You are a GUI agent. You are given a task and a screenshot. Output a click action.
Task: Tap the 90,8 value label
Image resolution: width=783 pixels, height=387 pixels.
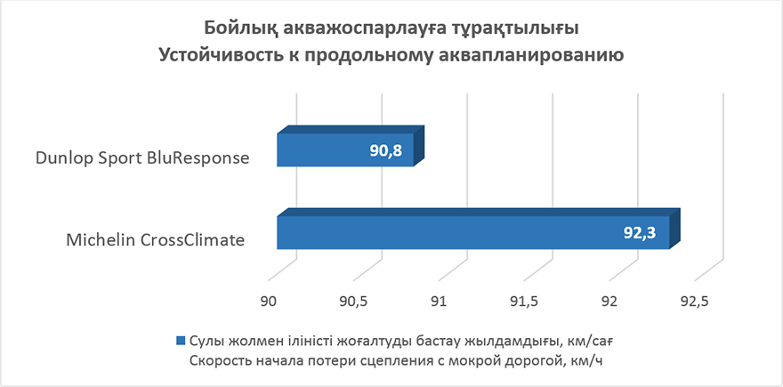(x=386, y=150)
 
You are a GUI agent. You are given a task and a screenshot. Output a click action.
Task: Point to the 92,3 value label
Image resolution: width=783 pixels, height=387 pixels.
(x=640, y=233)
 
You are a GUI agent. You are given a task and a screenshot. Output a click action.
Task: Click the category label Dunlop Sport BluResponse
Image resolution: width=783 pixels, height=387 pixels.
(x=142, y=157)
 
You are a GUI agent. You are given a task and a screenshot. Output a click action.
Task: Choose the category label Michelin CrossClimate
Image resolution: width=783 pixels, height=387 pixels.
(x=156, y=240)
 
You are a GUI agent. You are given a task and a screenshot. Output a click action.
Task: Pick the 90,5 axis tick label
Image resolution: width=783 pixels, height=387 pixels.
(x=353, y=302)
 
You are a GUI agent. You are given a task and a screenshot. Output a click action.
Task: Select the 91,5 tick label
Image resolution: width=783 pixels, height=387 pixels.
(x=524, y=302)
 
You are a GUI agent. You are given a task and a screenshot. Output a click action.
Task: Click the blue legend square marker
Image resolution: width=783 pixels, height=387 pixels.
(x=181, y=341)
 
